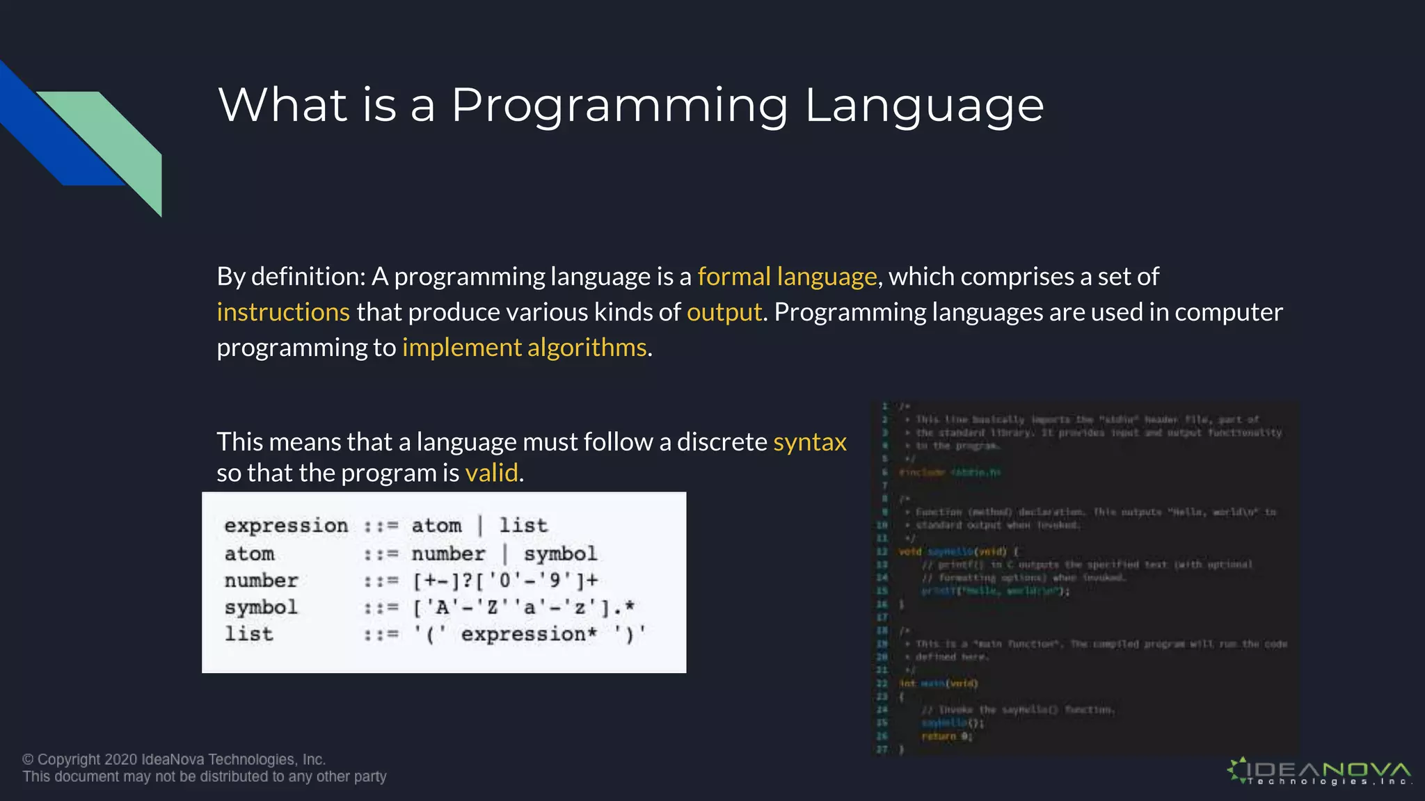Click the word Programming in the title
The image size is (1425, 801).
619,106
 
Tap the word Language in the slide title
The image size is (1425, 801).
924,106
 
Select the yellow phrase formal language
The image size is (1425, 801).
787,277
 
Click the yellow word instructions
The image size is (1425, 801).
282,312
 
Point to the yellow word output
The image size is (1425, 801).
724,312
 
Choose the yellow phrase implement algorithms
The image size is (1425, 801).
524,348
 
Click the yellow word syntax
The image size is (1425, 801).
809,442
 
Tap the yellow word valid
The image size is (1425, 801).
491,474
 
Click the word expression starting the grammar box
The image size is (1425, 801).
285,526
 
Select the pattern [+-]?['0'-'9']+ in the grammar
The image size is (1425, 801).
505,580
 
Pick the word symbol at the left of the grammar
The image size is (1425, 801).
261,607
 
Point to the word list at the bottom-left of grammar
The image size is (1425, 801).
248,634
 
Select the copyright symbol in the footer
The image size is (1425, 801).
28,760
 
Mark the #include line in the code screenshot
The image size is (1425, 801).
949,473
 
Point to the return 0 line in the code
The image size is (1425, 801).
946,736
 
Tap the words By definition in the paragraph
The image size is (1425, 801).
290,277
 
